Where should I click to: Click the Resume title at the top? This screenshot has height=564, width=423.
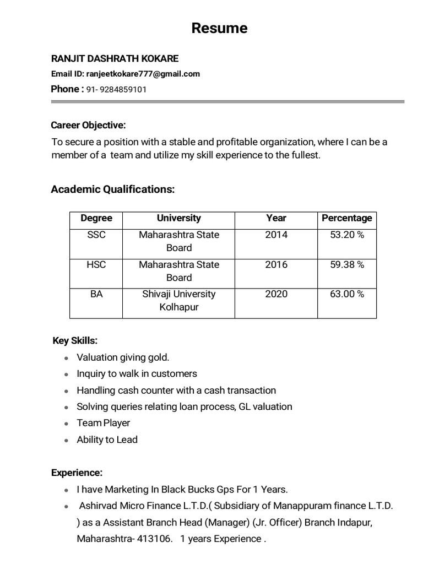coord(219,28)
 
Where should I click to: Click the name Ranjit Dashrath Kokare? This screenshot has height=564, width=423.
coord(115,58)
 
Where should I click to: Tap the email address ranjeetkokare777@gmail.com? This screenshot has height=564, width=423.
coord(143,74)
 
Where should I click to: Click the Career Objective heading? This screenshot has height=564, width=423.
coord(88,125)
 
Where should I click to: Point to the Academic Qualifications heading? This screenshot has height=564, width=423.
coord(112,189)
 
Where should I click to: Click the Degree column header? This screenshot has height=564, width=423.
coord(96,218)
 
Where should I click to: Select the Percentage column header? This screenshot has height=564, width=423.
coord(346,218)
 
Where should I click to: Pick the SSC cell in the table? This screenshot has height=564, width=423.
coord(96,235)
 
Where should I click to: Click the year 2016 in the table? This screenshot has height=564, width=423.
coord(276,265)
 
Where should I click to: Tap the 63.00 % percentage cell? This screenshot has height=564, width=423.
coord(346,294)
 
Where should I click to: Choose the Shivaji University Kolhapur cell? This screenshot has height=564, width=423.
coord(178,301)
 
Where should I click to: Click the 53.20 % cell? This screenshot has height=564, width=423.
coord(346,235)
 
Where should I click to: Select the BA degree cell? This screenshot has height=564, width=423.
coord(96,294)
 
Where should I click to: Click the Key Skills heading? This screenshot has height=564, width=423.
coord(75,341)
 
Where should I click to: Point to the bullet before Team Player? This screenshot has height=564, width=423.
coord(66,424)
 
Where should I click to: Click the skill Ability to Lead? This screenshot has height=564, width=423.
coord(107,440)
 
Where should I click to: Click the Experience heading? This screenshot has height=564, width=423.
coord(77,473)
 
